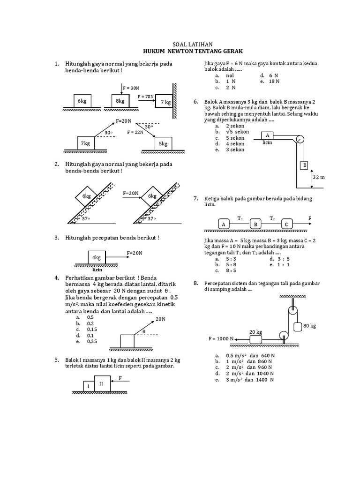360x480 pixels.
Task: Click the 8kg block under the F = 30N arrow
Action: tap(120, 101)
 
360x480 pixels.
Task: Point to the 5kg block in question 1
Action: tap(163, 144)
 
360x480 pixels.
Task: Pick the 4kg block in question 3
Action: tap(97, 258)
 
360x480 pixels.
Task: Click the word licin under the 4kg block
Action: tap(97, 270)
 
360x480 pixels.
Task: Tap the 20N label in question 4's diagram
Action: tap(161, 319)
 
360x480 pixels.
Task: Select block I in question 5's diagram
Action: tap(87, 385)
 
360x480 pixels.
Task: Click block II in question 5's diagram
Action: tap(102, 383)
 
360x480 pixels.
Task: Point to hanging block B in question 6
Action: tap(304, 166)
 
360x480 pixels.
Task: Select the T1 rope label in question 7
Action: tap(240, 218)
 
